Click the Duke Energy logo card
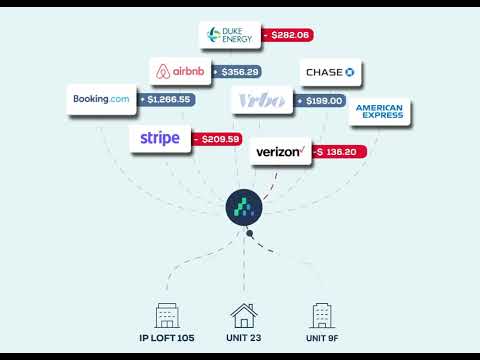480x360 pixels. tap(230, 35)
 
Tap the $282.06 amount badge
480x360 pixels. tap(288, 35)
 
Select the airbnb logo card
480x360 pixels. tap(181, 72)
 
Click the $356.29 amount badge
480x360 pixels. tap(238, 72)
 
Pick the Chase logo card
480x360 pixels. tap(331, 72)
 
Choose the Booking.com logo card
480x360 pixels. tap(100, 100)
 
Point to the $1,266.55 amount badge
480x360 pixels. tap(166, 100)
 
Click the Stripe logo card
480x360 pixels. tap(160, 139)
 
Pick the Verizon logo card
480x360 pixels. tap(279, 152)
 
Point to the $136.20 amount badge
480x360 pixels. tap(340, 152)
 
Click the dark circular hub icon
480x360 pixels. tap(243, 207)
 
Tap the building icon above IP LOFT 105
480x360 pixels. tap(167, 316)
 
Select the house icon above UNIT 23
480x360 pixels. tap(243, 316)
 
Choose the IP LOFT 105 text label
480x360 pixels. tap(167, 339)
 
